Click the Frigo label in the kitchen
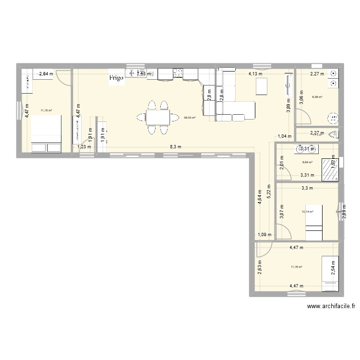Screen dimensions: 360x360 pyautogui.click(x=117, y=77)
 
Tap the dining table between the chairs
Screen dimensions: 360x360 pyautogui.click(x=158, y=117)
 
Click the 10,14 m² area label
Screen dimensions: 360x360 pyautogui.click(x=308, y=211)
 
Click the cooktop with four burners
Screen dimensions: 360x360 pyautogui.click(x=178, y=73)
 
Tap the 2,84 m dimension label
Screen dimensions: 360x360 pyautogui.click(x=47, y=74)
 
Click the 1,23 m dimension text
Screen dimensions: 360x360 pyautogui.click(x=84, y=147)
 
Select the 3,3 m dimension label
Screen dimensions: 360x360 pyautogui.click(x=307, y=188)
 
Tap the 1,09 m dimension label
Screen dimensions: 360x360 pyautogui.click(x=264, y=235)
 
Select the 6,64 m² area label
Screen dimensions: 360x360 pyautogui.click(x=307, y=162)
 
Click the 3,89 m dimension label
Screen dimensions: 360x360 pyautogui.click(x=288, y=108)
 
